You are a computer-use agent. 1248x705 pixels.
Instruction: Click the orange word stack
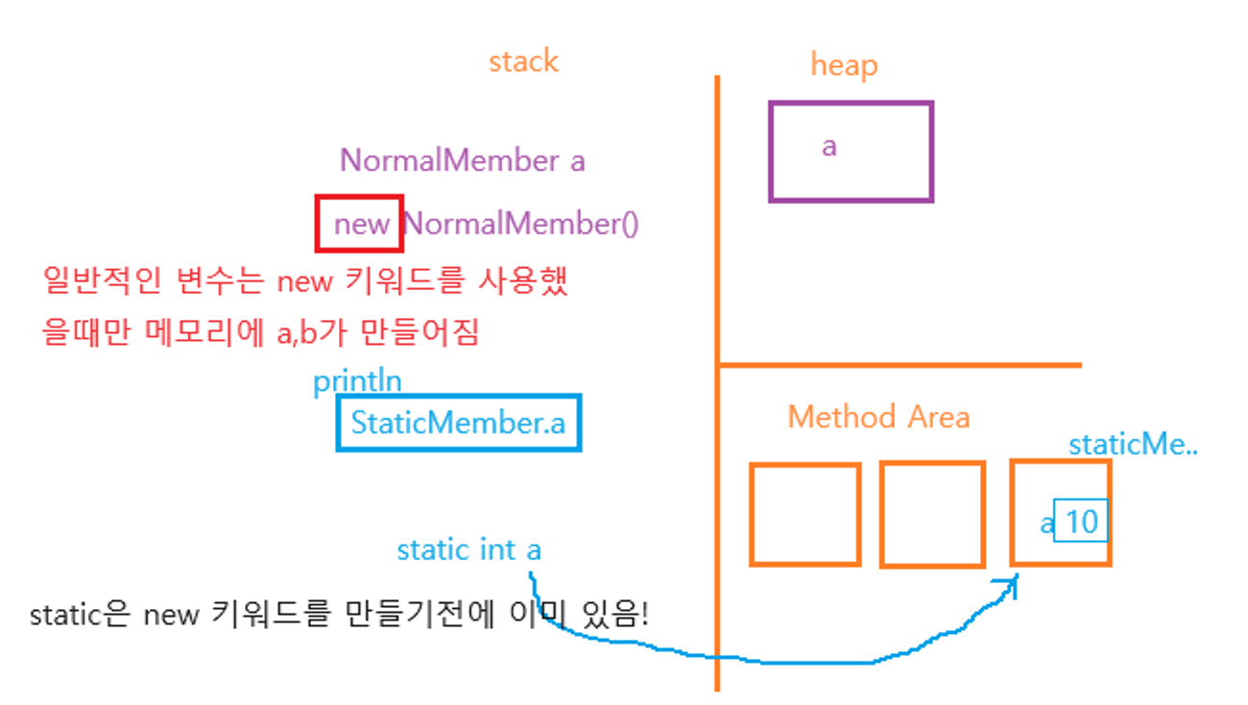tap(523, 62)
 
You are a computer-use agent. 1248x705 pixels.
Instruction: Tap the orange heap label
tap(844, 65)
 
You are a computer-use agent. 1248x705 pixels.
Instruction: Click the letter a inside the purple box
tap(829, 147)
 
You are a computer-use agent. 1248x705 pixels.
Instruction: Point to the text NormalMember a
tap(462, 160)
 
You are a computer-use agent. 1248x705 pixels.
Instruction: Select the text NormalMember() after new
tap(520, 225)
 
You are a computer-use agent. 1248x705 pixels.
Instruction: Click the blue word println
tap(357, 381)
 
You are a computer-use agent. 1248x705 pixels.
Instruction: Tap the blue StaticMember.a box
tap(459, 423)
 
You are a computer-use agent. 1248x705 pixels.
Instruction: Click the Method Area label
tap(878, 417)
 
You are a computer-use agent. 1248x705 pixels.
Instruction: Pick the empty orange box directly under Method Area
tap(804, 514)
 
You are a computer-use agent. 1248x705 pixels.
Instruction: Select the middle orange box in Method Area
tap(932, 514)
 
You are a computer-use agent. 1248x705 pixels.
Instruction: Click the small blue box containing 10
tap(1081, 522)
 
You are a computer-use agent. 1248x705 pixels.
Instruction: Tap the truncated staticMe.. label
tap(1133, 445)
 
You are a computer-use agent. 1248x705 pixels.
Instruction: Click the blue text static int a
tap(468, 550)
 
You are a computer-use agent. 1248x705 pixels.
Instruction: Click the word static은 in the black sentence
tap(80, 615)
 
